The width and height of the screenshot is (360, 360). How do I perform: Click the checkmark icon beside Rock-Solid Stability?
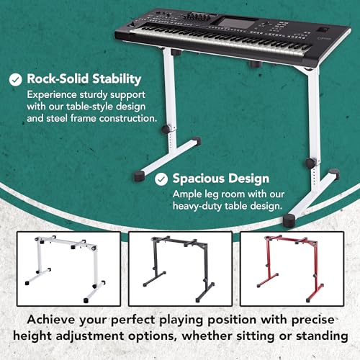(16, 79)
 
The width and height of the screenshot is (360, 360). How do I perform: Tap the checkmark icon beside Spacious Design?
(161, 179)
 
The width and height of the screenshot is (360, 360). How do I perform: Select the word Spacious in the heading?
(199, 179)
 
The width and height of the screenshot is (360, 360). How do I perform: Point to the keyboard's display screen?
(233, 23)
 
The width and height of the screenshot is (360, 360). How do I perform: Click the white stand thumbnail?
(68, 269)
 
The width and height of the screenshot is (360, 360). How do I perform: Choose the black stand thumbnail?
(180, 269)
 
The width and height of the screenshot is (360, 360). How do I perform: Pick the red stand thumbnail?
(292, 269)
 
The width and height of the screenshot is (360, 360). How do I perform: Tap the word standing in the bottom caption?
(322, 336)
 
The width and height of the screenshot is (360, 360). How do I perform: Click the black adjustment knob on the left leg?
(166, 130)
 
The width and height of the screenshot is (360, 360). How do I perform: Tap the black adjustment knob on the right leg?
(310, 163)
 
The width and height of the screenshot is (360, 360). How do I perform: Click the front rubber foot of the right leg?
(289, 221)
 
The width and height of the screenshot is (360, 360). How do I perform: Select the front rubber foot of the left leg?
(139, 176)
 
